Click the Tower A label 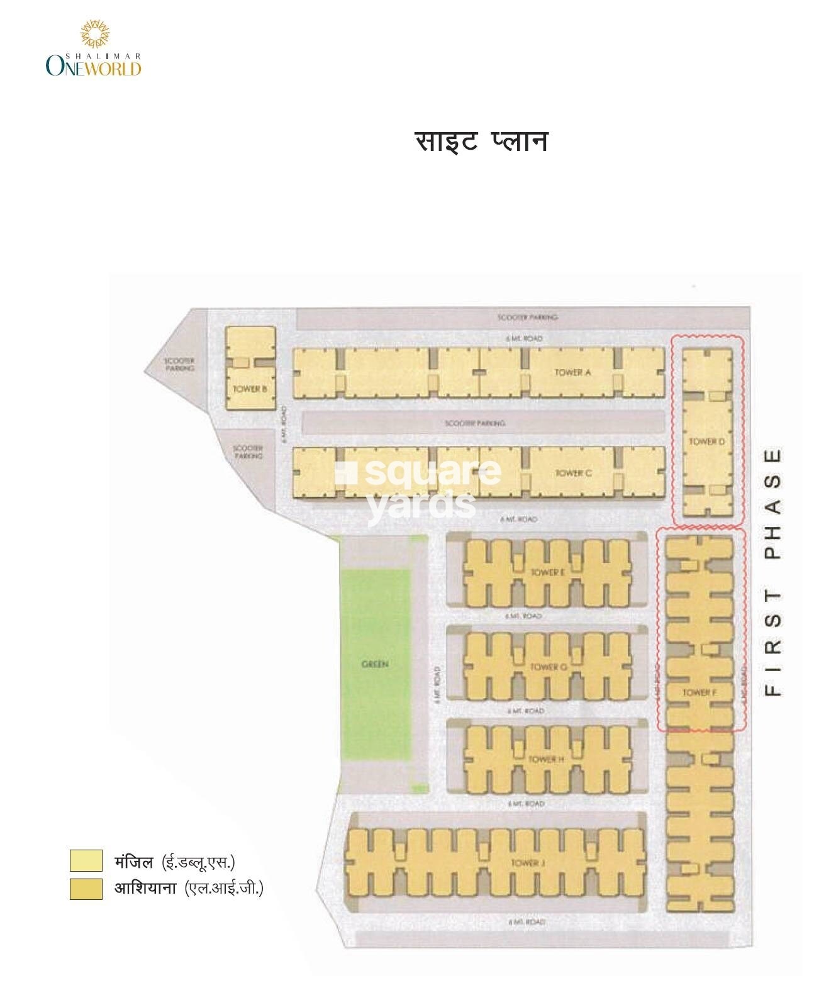[572, 372]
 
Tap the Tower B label [250, 389]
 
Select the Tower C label [572, 473]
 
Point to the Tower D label [706, 442]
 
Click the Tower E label [547, 572]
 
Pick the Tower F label [699, 692]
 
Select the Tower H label [545, 759]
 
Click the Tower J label [525, 862]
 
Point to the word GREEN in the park [375, 664]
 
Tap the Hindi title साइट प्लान [481, 142]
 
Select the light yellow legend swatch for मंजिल [86, 860]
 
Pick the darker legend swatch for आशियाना [86, 888]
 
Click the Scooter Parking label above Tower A [527, 318]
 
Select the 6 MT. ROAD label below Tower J [526, 921]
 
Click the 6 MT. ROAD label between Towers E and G [523, 616]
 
